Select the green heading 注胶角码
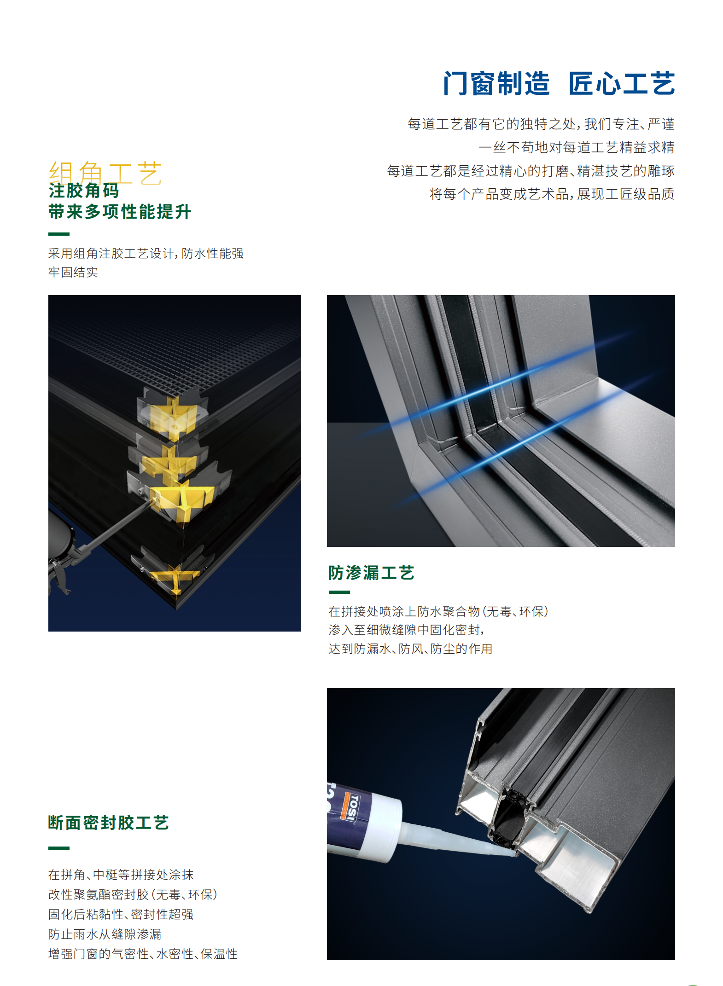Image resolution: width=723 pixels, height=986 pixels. (x=84, y=191)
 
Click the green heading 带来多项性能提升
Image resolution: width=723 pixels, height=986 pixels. (x=120, y=212)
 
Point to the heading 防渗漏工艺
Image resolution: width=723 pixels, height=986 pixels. (x=371, y=573)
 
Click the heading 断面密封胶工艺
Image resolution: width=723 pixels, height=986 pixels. (x=109, y=823)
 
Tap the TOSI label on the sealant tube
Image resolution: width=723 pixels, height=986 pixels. (x=352, y=808)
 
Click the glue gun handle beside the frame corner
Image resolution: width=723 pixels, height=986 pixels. (x=60, y=571)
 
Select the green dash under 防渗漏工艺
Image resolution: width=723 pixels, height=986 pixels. (x=339, y=592)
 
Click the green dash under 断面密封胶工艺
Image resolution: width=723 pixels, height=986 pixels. (x=59, y=847)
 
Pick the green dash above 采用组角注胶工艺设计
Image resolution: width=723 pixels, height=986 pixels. (x=59, y=234)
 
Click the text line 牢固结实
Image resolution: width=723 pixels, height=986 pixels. (x=73, y=272)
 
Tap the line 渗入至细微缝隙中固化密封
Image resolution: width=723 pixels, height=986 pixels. (x=406, y=630)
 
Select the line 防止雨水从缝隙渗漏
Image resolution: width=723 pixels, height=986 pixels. (x=105, y=934)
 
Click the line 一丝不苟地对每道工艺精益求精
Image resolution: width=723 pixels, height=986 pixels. (x=576, y=147)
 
